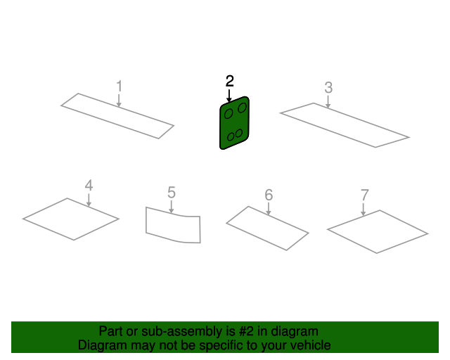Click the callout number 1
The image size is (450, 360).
[119, 86]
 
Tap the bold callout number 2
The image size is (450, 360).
[230, 81]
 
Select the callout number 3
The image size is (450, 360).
[328, 88]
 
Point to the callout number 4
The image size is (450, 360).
[89, 186]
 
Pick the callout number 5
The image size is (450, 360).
[172, 193]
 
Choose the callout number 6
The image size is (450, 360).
[269, 195]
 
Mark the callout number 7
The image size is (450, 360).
[364, 195]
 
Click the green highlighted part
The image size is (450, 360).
[234, 123]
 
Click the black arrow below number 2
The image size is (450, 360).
[229, 96]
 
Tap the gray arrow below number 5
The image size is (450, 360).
[172, 207]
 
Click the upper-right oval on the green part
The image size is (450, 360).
[242, 108]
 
